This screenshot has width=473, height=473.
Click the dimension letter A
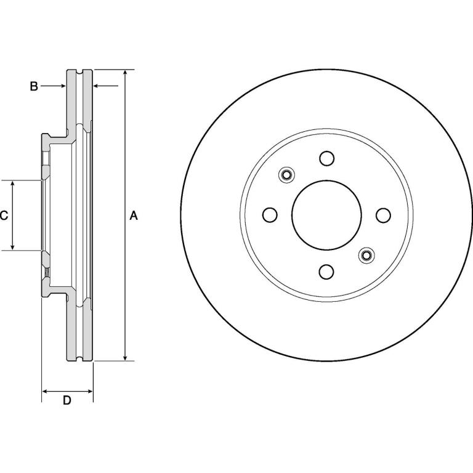tap(133, 216)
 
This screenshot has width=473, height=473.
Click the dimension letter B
tap(34, 86)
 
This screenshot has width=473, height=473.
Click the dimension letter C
tap(4, 216)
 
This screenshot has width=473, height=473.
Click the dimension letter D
tap(67, 400)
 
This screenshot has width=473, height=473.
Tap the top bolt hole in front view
tap(326, 158)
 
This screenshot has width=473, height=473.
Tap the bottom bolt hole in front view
tap(326, 272)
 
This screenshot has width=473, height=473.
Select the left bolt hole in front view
tap(270, 215)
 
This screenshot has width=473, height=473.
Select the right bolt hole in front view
tap(384, 215)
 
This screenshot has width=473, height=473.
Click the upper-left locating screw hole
tap(286, 175)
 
